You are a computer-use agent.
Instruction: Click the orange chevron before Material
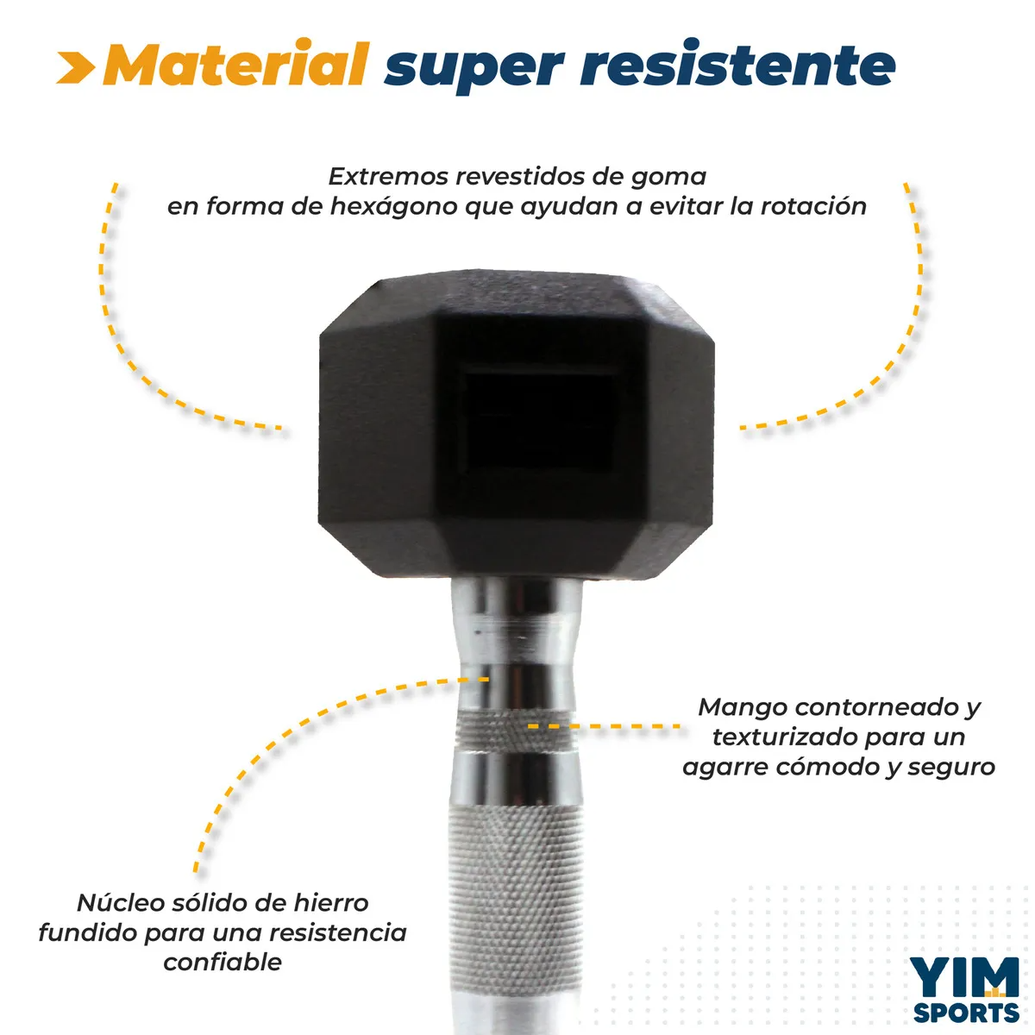[76, 67]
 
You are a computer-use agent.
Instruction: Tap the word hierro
[331, 903]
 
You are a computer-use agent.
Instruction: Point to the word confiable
[223, 962]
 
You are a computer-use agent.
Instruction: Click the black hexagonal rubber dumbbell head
[516, 425]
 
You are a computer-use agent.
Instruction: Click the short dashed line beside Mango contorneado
[605, 726]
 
